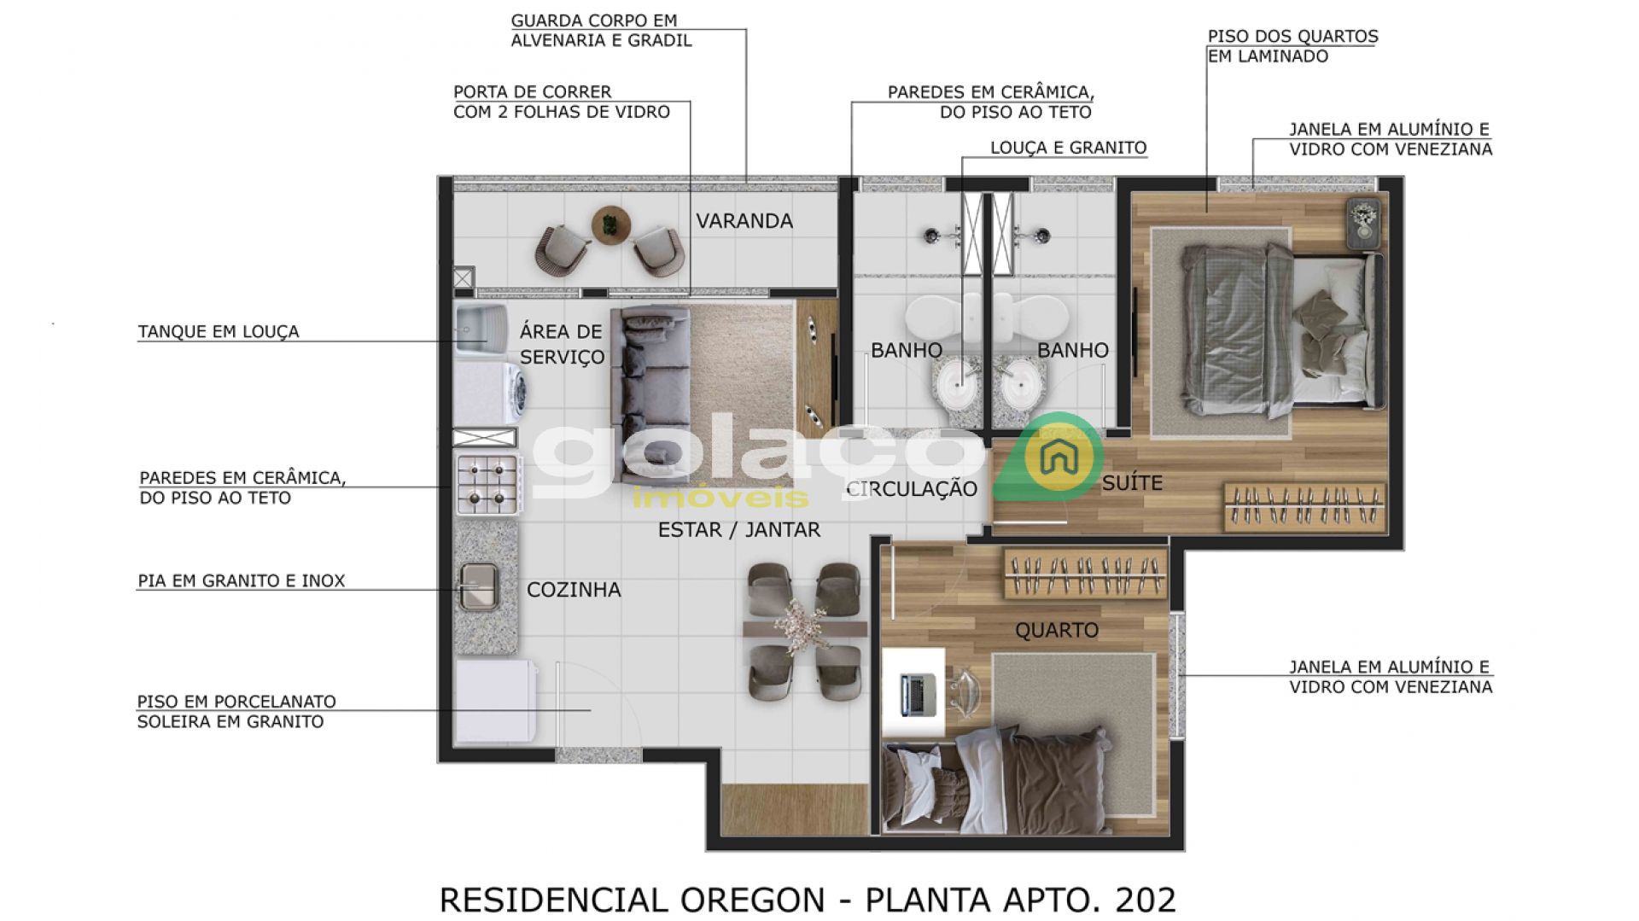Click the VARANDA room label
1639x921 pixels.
(744, 221)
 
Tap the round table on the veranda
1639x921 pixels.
(611, 225)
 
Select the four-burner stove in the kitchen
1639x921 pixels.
(487, 484)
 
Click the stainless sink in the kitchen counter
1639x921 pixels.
(478, 586)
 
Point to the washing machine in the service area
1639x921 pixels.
(489, 394)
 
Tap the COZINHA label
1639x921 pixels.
(574, 590)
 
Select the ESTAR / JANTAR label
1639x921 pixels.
(738, 530)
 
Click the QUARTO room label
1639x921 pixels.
(1056, 631)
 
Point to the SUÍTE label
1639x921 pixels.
(1132, 483)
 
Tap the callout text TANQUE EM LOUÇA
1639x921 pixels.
(219, 332)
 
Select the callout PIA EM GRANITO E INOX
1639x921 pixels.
(242, 581)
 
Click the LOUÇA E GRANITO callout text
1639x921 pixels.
(1068, 148)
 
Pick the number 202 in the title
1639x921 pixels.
(1146, 900)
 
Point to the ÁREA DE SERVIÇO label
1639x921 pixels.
(561, 344)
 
